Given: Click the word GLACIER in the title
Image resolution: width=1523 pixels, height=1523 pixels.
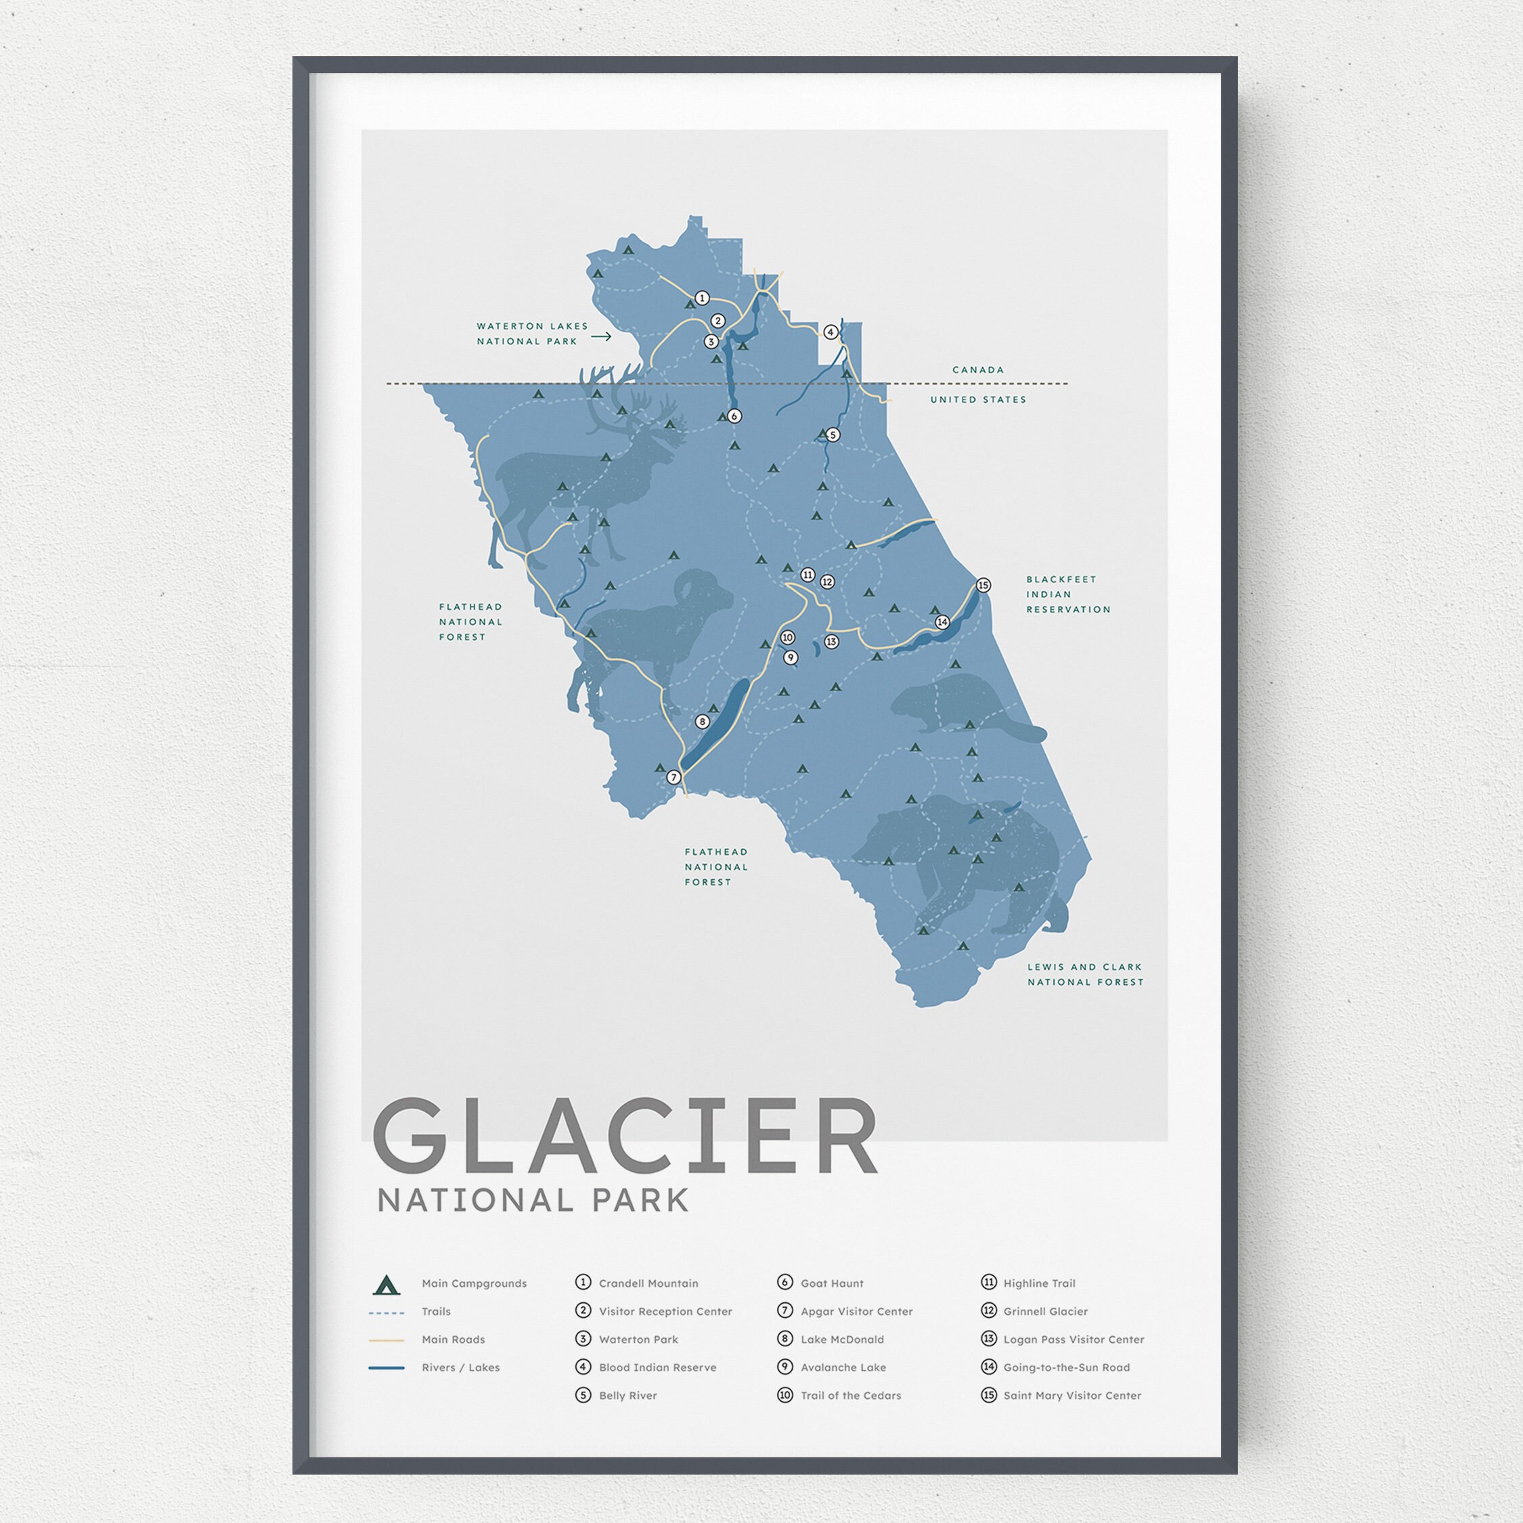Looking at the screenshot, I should [624, 1136].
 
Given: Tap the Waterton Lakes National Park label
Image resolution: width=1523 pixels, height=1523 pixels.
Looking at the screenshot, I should [532, 334].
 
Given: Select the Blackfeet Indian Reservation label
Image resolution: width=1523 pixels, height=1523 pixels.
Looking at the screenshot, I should [1067, 594].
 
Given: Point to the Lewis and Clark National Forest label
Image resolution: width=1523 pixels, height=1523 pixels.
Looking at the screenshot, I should [1084, 974].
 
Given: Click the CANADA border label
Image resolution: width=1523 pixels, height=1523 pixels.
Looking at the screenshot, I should [977, 370].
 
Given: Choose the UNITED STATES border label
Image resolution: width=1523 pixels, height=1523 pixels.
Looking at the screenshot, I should [977, 399].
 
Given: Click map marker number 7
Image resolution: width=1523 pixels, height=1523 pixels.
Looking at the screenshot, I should [674, 777].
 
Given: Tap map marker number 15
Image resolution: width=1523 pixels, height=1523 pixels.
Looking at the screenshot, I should [982, 585].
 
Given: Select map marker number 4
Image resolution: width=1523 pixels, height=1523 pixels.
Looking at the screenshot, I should [830, 332].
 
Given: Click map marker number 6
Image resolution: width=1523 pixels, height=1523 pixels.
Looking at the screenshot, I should [734, 416].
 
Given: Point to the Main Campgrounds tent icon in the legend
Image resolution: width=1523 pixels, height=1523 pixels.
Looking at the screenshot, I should [387, 1285].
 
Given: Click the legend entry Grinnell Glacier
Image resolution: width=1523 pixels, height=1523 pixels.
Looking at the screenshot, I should [1044, 1312].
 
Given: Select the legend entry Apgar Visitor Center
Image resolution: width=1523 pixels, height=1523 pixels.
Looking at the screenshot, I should [856, 1312].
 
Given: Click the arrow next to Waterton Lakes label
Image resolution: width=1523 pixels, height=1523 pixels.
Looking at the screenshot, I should [602, 336].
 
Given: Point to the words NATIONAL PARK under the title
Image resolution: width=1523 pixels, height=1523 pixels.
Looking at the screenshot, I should [533, 1201].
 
